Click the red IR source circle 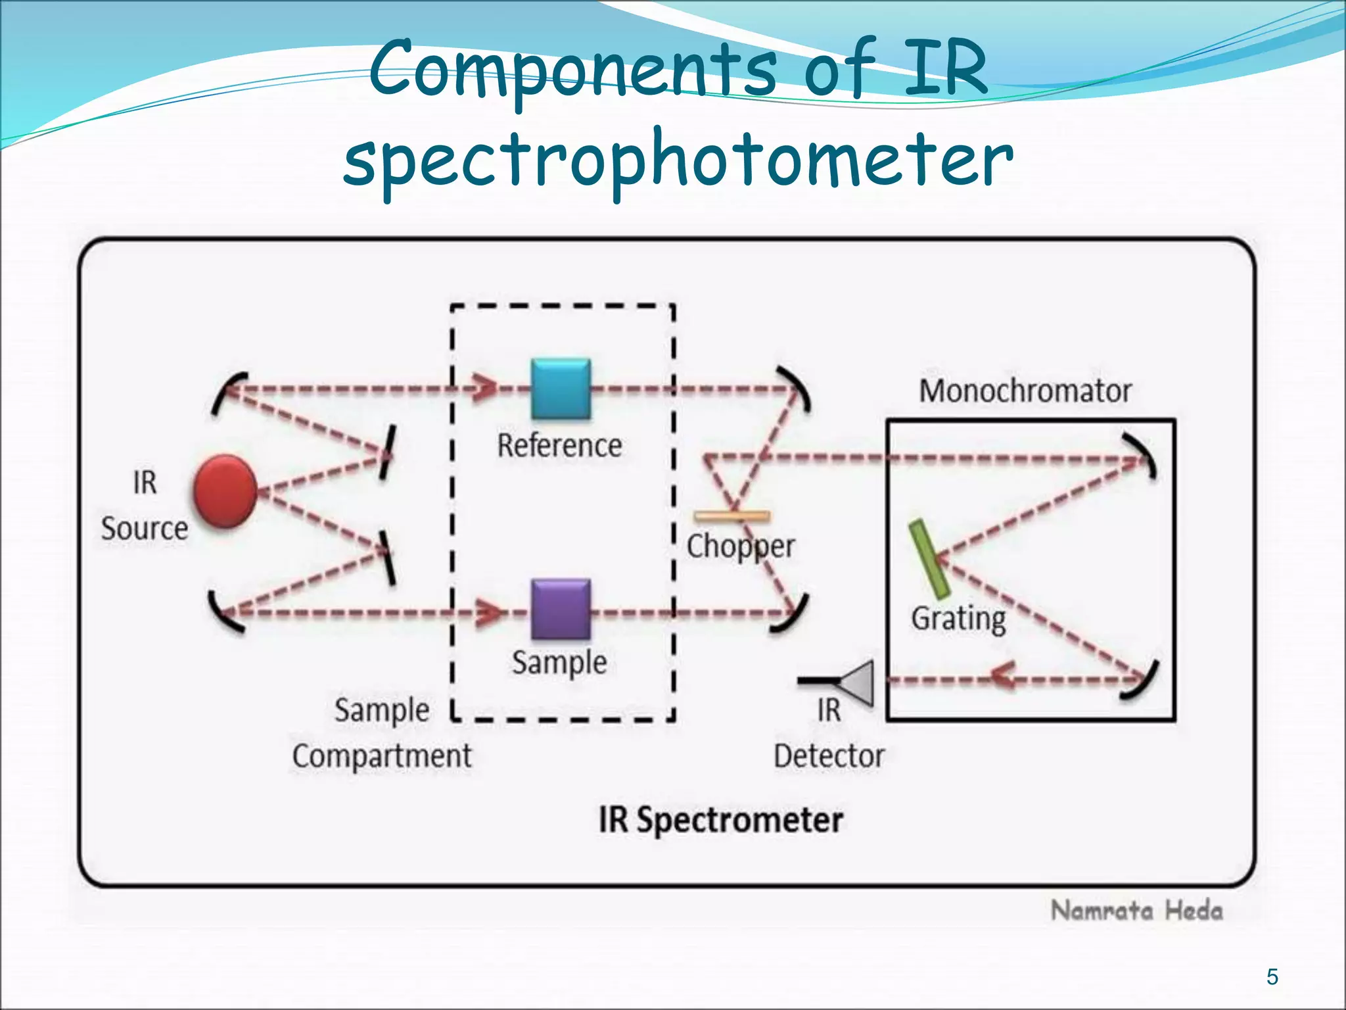225,491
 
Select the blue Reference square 561,389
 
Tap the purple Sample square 561,609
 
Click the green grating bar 929,558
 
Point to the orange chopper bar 732,516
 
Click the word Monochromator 1025,391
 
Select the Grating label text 958,618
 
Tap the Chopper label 740,546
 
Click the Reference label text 559,446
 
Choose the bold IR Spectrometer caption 720,820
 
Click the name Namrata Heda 1136,911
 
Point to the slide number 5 1272,976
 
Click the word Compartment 381,756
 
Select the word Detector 829,756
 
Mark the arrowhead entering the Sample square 490,612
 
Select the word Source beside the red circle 144,529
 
